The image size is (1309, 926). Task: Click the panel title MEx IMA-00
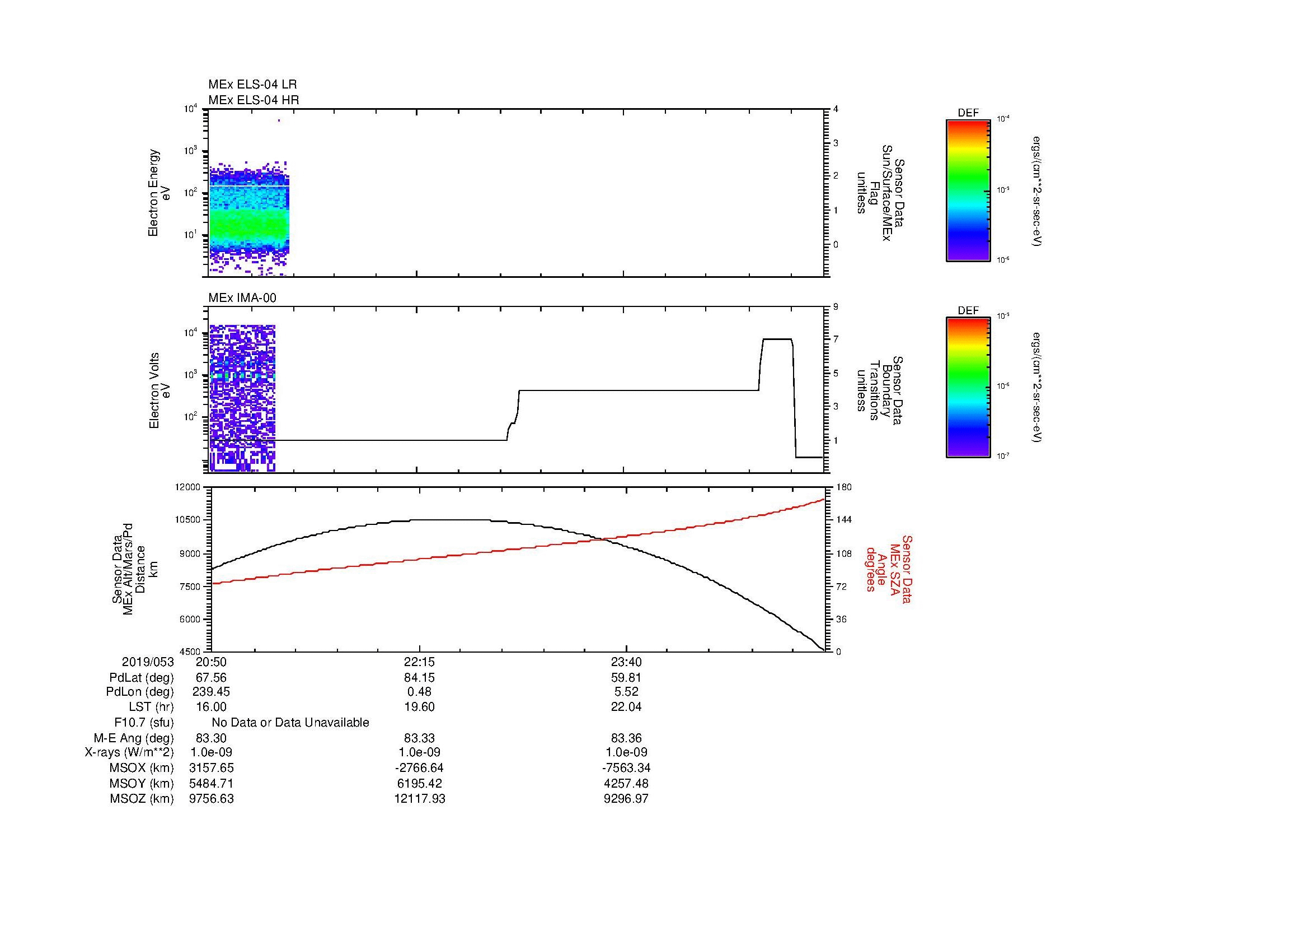242,298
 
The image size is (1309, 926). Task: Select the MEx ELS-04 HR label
254,100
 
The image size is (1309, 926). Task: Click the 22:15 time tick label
420,662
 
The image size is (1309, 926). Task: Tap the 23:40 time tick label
626,662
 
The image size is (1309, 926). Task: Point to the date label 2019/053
148,662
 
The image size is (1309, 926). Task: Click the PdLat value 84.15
420,678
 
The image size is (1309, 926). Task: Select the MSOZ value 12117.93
420,799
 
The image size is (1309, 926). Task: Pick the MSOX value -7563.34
626,768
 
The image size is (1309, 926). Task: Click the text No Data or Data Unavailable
290,723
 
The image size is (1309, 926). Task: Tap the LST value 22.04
626,707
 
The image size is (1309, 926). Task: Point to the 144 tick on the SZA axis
844,520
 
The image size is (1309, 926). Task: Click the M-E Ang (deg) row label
133,738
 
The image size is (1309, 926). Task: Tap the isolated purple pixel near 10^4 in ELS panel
279,120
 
